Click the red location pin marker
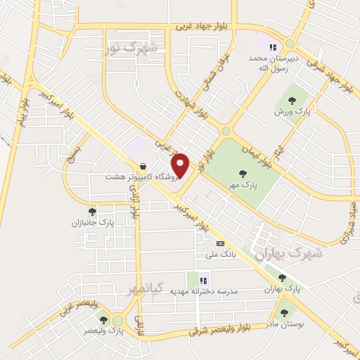[x=181, y=165]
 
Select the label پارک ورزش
[x=291, y=112]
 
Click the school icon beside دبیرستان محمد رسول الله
[x=271, y=49]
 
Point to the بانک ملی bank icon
[x=221, y=243]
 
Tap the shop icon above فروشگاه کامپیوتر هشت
[x=143, y=167]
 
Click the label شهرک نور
[x=131, y=49]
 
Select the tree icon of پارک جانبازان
[x=92, y=210]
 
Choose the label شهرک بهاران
[x=288, y=253]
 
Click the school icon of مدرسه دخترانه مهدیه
[x=203, y=280]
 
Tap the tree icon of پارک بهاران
[x=282, y=278]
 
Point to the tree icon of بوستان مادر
[x=284, y=313]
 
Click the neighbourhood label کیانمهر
[x=146, y=288]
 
